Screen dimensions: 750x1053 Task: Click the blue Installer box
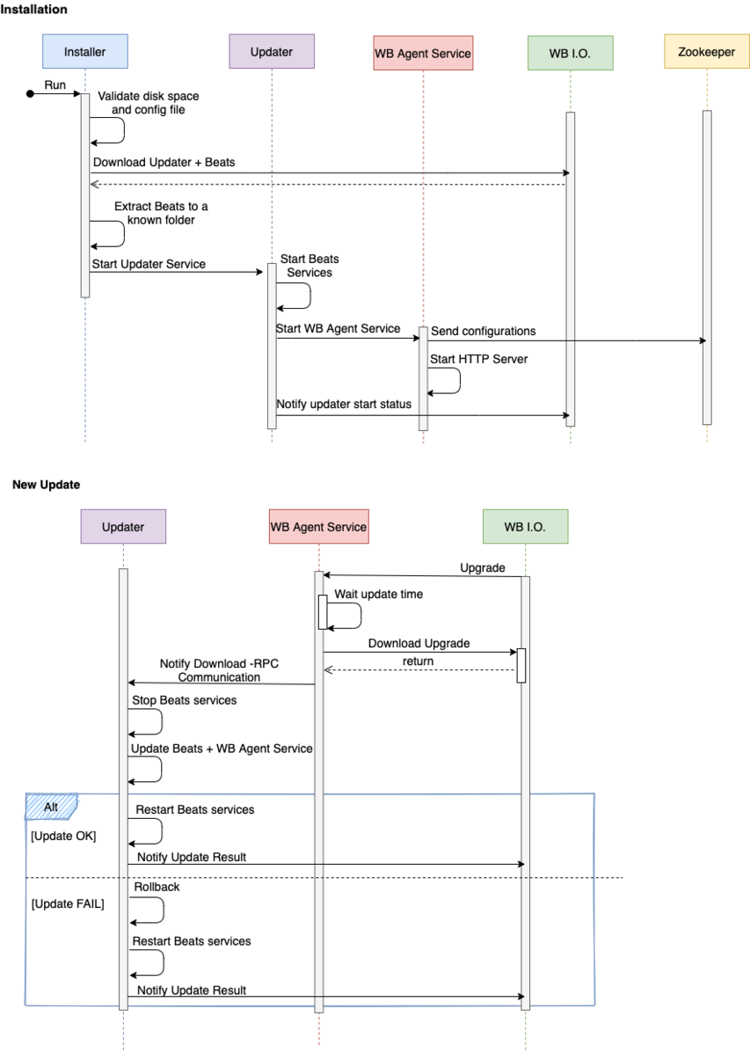(x=85, y=52)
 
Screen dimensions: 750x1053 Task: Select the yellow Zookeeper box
(x=706, y=52)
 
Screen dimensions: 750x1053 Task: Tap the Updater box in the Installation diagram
(x=272, y=52)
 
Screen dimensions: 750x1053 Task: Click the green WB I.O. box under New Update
(x=525, y=526)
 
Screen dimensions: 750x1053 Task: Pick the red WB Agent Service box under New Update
(x=319, y=526)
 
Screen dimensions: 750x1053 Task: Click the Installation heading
(x=33, y=10)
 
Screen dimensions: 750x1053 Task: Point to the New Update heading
(x=47, y=485)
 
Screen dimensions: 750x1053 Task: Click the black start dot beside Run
(x=30, y=94)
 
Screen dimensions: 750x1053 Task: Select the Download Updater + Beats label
(x=164, y=163)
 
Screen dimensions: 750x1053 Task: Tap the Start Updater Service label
(x=149, y=264)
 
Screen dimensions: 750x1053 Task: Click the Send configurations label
(x=484, y=331)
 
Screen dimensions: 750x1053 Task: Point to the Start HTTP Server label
(x=478, y=359)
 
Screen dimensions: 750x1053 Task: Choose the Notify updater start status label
(x=344, y=405)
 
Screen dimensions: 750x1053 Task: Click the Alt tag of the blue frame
(x=51, y=807)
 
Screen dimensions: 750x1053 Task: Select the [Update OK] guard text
(x=64, y=836)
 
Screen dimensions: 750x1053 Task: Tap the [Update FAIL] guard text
(x=68, y=904)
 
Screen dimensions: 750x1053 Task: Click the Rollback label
(x=157, y=887)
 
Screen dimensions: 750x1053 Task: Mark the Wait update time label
(x=379, y=595)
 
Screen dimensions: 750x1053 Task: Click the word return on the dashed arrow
(x=419, y=662)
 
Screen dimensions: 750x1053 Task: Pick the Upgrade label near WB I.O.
(x=483, y=568)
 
